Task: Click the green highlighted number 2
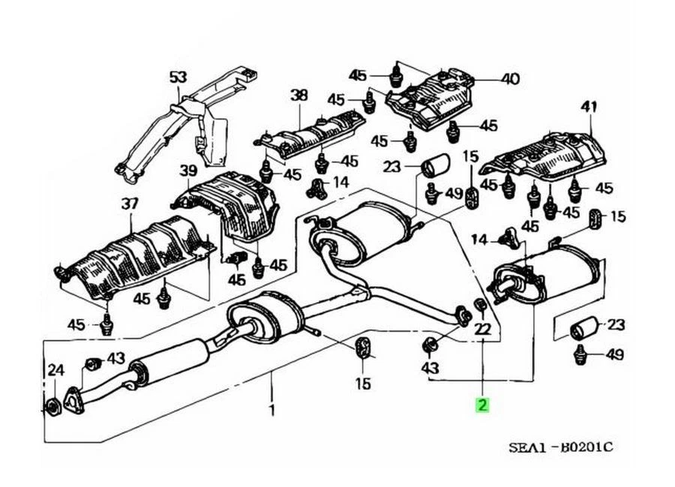click(x=481, y=406)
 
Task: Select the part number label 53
click(x=177, y=77)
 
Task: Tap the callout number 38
click(x=298, y=95)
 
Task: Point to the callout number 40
click(x=509, y=79)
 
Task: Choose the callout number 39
click(x=187, y=172)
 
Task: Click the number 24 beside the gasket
click(x=56, y=369)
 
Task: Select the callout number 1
click(x=271, y=410)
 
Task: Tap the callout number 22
click(x=482, y=328)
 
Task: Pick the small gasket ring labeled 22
click(x=481, y=304)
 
